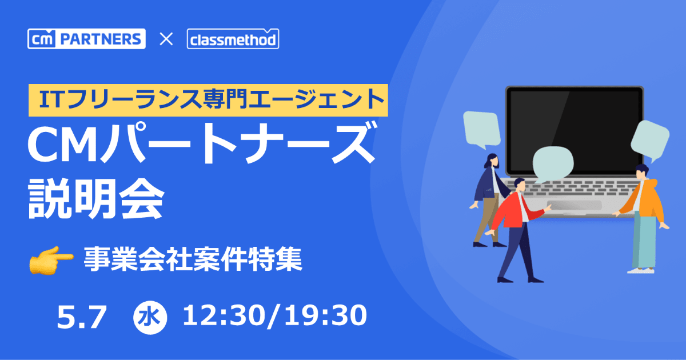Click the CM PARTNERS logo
[x=86, y=39]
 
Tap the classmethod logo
[x=233, y=39]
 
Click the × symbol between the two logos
[x=166, y=39]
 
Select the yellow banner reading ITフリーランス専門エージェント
[x=208, y=100]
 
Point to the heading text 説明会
[x=97, y=198]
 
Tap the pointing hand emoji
[x=51, y=260]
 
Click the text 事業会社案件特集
[x=193, y=259]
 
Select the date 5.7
[x=82, y=317]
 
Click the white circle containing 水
[x=150, y=318]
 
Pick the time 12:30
[x=224, y=315]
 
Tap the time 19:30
[x=325, y=315]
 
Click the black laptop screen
[x=575, y=131]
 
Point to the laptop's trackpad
[x=574, y=205]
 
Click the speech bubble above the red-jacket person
[x=553, y=165]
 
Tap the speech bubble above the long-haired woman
[x=482, y=129]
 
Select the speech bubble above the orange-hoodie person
[x=650, y=139]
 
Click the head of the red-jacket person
[x=520, y=185]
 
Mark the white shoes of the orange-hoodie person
[x=641, y=270]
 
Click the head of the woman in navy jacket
[x=493, y=160]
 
